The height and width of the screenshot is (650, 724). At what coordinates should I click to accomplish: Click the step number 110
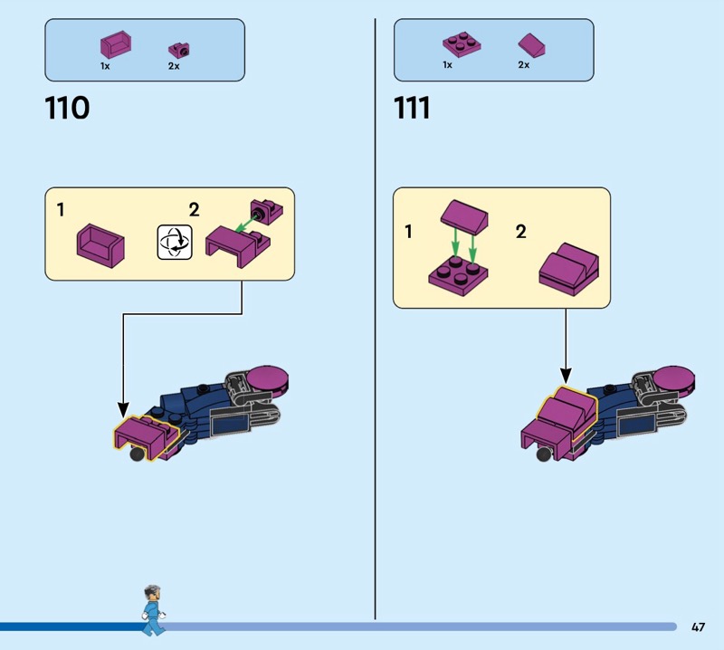click(x=67, y=108)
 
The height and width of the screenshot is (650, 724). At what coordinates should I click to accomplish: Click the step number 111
click(x=412, y=108)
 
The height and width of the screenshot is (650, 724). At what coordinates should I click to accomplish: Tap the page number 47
click(x=698, y=626)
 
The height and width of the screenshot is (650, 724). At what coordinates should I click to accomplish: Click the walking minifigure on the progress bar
click(x=154, y=610)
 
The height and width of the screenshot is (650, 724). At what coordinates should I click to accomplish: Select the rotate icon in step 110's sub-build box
click(x=175, y=242)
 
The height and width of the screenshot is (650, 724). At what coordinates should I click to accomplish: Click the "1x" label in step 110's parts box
click(x=105, y=66)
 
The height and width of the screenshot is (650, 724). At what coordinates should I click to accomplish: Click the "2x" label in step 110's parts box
click(x=174, y=66)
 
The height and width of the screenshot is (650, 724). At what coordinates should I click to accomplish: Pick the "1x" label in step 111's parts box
click(x=447, y=64)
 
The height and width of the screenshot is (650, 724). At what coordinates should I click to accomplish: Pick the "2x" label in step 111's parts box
click(x=524, y=64)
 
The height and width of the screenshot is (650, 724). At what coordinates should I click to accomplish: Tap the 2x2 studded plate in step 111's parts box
click(x=462, y=44)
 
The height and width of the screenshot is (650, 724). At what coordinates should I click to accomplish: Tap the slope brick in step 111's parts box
click(x=531, y=45)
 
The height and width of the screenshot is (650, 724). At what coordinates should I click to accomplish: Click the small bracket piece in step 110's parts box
click(x=179, y=50)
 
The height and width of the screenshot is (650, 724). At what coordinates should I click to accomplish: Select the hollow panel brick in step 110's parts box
click(x=116, y=44)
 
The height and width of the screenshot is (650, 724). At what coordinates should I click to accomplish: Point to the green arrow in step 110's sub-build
click(x=245, y=224)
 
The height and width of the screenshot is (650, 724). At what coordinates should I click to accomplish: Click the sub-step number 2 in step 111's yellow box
click(x=521, y=232)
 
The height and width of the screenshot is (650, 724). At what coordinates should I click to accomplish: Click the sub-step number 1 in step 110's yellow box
click(x=61, y=210)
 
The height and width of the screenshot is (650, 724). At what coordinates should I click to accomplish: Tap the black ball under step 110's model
click(x=137, y=454)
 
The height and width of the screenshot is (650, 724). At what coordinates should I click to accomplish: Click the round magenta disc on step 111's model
click(x=673, y=378)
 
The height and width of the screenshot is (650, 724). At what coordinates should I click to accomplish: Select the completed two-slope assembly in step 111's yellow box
click(x=569, y=270)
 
